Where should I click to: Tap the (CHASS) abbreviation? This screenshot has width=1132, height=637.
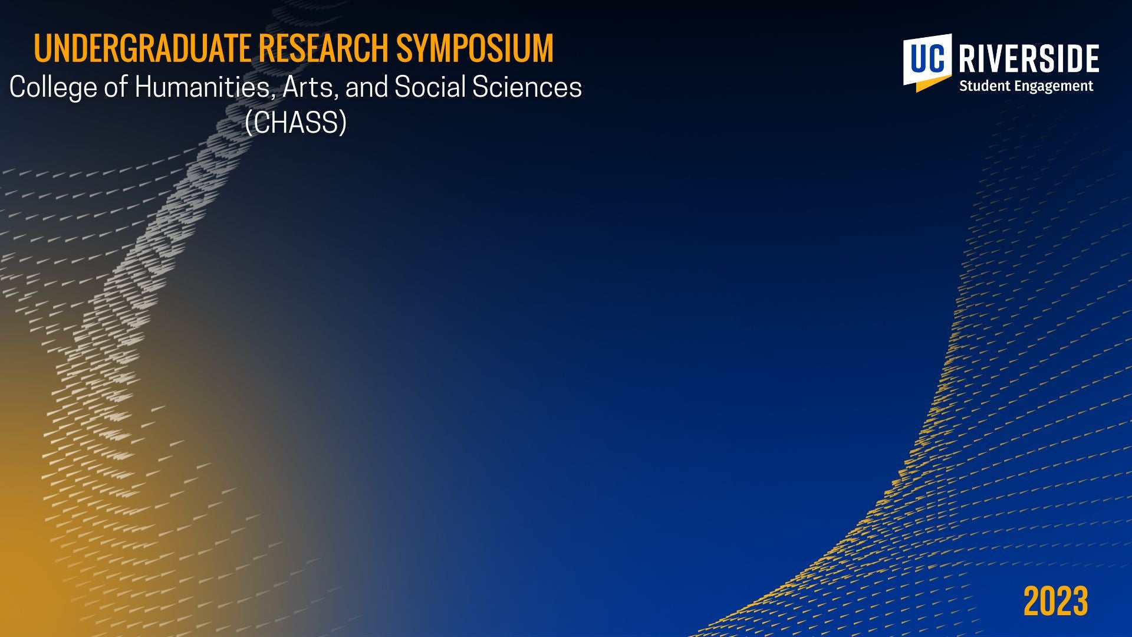coord(296,123)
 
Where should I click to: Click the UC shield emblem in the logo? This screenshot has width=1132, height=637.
coord(927,63)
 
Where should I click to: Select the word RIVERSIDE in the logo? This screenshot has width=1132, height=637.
coord(1029,59)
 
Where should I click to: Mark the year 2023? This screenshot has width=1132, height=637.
coord(1056,602)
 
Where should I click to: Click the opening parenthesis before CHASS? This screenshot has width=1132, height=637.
coord(249,123)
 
